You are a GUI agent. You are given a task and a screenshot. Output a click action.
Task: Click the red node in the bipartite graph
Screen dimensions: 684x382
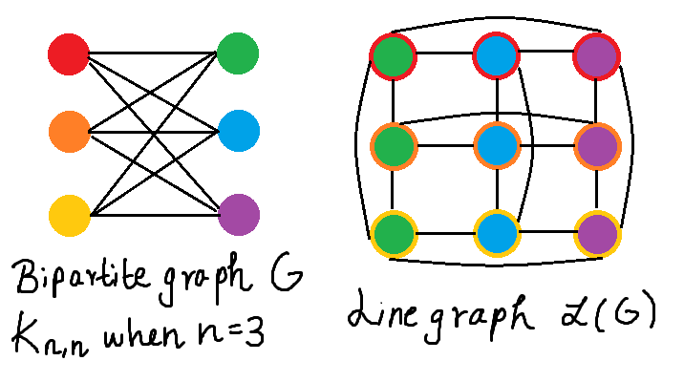(x=68, y=54)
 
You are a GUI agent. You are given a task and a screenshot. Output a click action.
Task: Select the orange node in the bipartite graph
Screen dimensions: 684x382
(x=68, y=131)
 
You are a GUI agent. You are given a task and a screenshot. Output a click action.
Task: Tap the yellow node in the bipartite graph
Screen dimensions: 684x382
(x=68, y=211)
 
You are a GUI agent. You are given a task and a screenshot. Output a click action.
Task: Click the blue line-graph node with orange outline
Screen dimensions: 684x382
(x=496, y=145)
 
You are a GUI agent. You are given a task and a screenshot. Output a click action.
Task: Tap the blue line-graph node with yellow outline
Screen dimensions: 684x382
(x=496, y=232)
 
